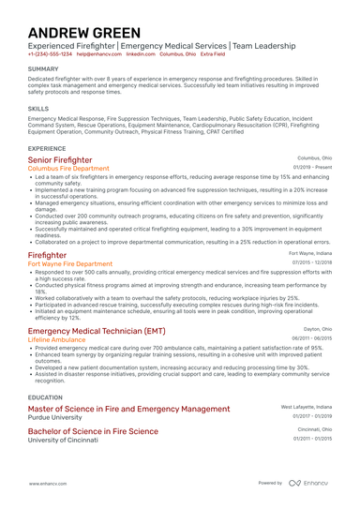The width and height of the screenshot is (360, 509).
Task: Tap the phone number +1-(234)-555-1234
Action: [x=50, y=55]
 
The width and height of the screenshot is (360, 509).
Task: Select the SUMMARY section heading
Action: [x=43, y=69]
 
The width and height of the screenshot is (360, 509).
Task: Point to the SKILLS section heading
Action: [x=38, y=108]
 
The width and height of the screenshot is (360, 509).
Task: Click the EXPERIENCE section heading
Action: [x=47, y=148]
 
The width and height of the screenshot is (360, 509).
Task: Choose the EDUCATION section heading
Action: [x=45, y=397]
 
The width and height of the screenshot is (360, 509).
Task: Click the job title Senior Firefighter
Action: [x=67, y=160]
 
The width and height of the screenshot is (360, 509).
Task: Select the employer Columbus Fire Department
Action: [x=68, y=169]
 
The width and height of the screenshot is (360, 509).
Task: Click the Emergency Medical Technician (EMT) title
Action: [x=97, y=331]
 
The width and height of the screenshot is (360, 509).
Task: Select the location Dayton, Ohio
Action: [x=317, y=329]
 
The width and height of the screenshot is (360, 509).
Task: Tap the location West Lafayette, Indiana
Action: [x=307, y=408]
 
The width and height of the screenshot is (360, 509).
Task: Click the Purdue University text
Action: [x=61, y=417]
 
